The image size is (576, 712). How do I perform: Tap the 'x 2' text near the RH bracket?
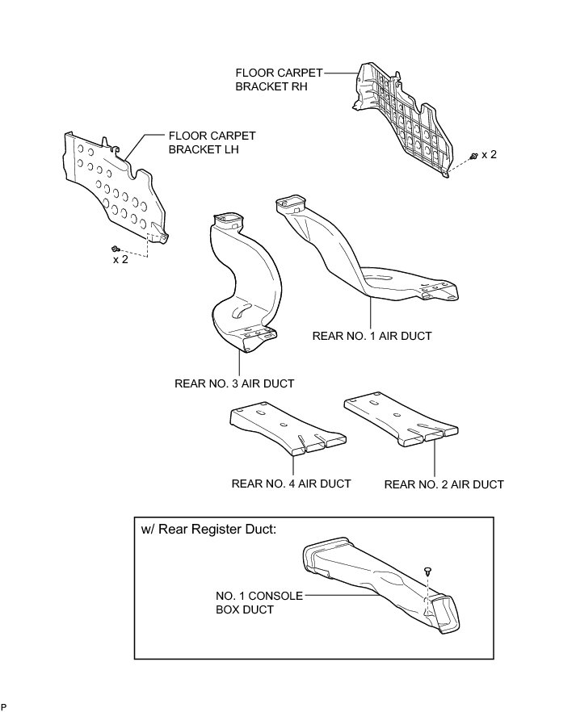coord(490,154)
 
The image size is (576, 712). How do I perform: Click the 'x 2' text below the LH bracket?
coord(120,260)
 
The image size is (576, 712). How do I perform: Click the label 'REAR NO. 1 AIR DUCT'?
coord(372,336)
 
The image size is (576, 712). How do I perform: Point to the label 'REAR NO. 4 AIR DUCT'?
coord(291,484)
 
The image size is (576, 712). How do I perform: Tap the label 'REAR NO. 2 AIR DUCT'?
coord(444,484)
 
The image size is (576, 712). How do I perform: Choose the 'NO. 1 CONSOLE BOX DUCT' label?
coord(259,603)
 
